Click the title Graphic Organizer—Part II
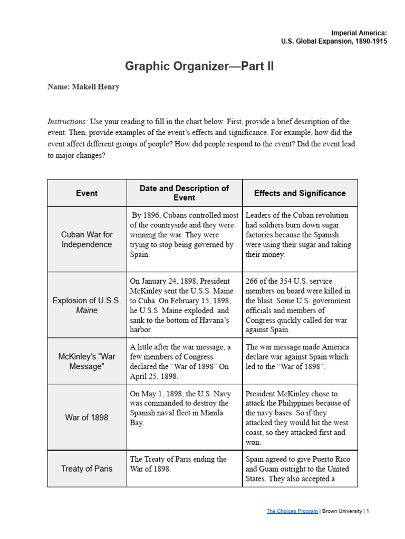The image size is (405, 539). [199, 66]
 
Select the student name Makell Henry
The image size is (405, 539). [83, 87]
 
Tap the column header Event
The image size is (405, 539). [86, 193]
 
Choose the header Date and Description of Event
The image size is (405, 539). [184, 193]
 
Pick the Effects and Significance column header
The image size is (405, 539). [300, 193]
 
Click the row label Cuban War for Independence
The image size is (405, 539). [86, 239]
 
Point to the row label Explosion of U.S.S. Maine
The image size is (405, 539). [86, 305]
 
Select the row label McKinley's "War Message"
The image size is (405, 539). [86, 361]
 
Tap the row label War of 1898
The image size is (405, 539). [86, 417]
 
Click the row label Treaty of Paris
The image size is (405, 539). [86, 468]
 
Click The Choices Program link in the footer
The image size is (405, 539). [292, 511]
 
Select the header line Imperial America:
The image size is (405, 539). [359, 33]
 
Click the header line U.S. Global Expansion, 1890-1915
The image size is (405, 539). [335, 42]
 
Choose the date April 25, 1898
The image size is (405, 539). [155, 376]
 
